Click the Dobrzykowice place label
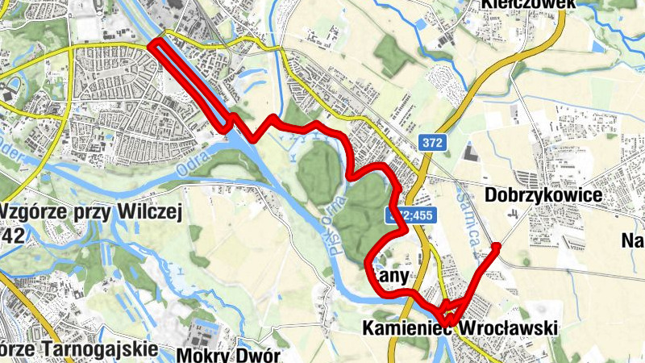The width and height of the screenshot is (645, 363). pos(544,196)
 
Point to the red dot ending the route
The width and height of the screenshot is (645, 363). pos(497,246)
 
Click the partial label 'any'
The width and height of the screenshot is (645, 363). pos(393,276)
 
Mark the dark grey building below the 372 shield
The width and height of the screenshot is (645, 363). pos(471,152)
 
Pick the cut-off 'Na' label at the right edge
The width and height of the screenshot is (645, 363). pos(633,240)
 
